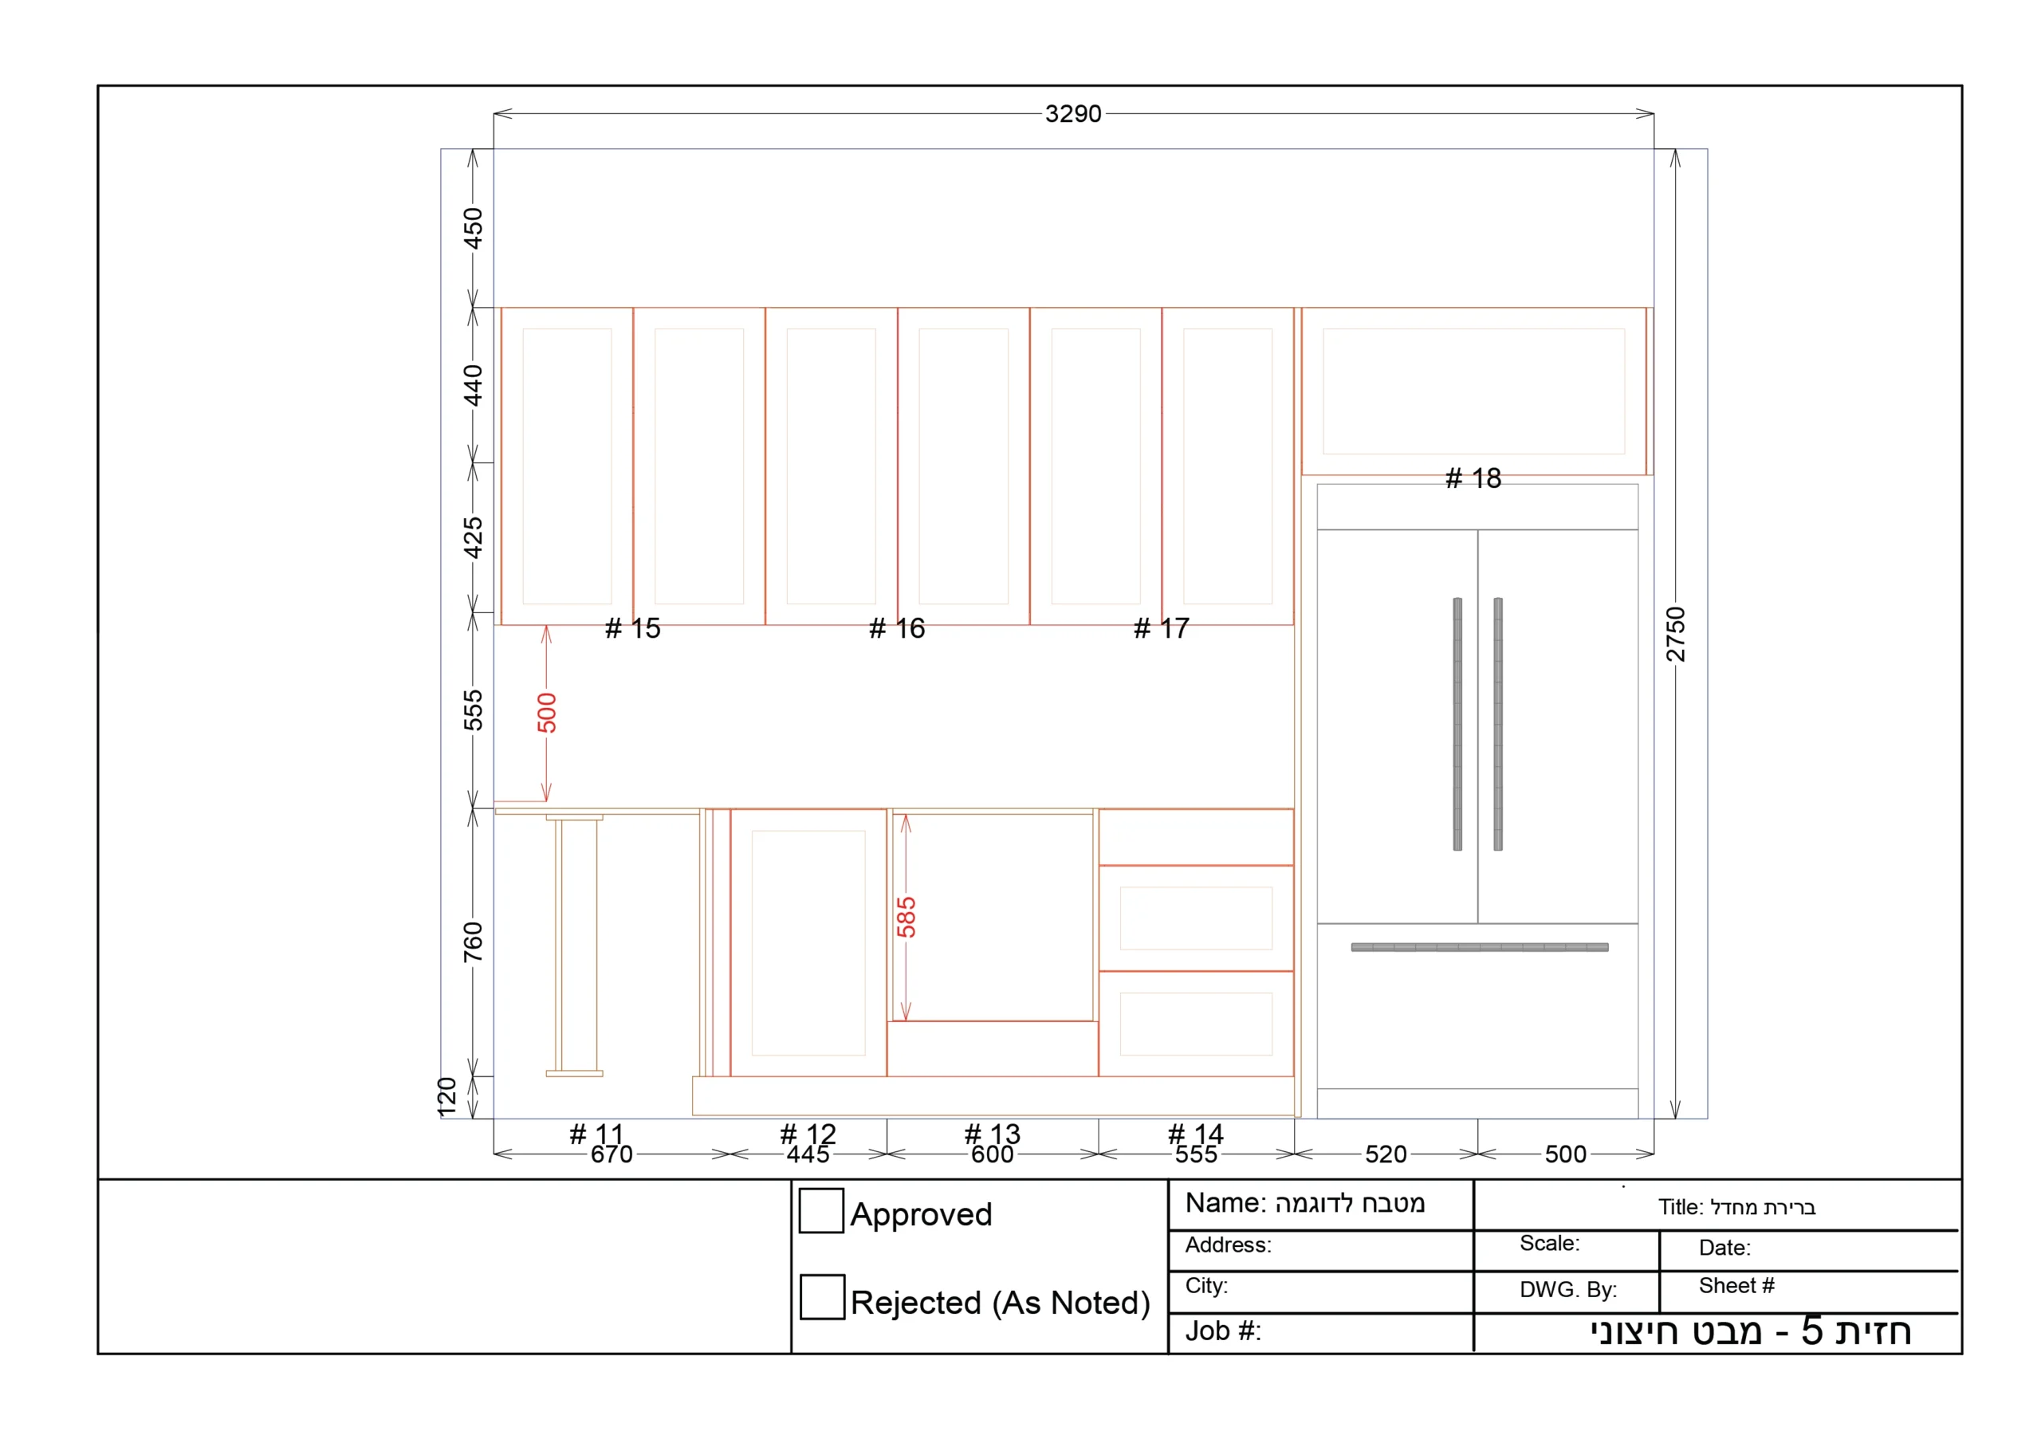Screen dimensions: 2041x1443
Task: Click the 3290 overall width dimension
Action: tap(1073, 114)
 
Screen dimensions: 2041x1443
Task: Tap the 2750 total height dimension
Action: tap(1676, 634)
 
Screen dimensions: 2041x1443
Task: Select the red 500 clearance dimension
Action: tap(547, 713)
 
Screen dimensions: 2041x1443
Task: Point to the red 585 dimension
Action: tap(906, 918)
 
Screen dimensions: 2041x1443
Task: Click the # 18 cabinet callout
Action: tap(1473, 478)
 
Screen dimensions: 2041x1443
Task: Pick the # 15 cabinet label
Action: tap(633, 628)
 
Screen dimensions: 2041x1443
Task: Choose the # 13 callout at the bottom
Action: tap(992, 1134)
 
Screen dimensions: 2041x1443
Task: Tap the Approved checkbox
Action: tap(821, 1211)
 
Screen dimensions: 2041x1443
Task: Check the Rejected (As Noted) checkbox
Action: tap(822, 1297)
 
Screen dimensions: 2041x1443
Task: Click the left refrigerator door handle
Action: tap(1458, 724)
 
